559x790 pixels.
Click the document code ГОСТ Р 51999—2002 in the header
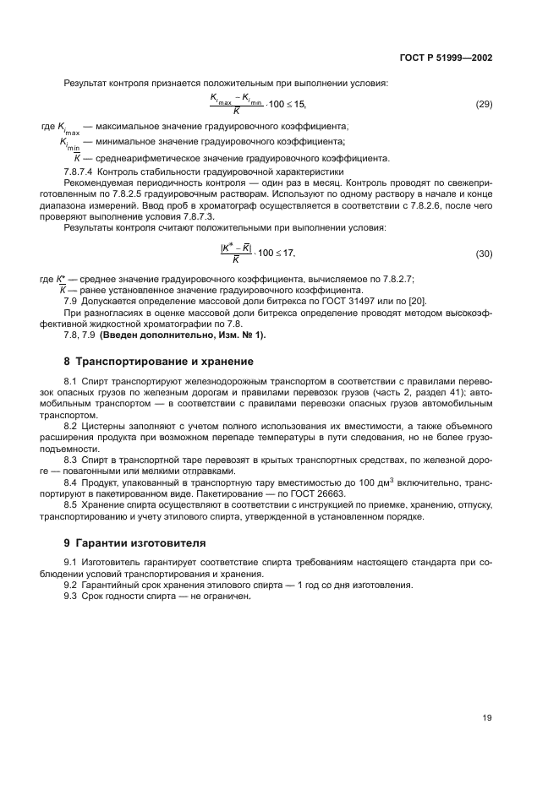pos(446,58)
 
